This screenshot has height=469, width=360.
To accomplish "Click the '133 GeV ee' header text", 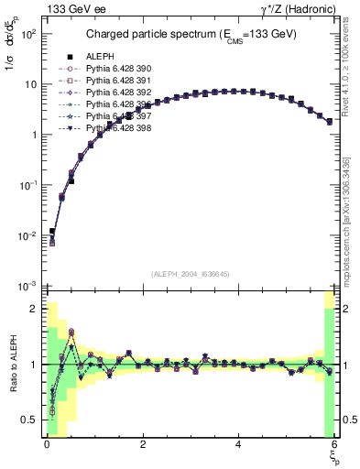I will point(73,9).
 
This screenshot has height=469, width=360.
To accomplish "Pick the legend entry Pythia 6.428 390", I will point(119,69).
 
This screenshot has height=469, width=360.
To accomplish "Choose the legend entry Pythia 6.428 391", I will point(119,81).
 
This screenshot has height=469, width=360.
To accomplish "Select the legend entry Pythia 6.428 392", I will point(119,93).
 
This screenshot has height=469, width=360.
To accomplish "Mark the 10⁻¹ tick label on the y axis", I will point(28,185).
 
